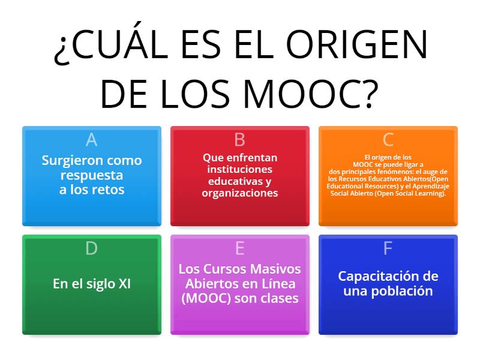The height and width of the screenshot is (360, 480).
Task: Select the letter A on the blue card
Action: [91, 140]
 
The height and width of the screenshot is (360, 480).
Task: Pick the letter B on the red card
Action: [239, 140]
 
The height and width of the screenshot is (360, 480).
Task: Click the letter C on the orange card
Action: [388, 140]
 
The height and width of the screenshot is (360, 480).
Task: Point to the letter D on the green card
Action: [91, 248]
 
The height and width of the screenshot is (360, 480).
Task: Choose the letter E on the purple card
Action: [239, 248]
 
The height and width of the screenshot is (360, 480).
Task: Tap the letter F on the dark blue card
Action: [388, 248]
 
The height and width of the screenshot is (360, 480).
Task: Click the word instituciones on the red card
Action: [239, 169]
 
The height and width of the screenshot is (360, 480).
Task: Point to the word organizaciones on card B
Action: [239, 193]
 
